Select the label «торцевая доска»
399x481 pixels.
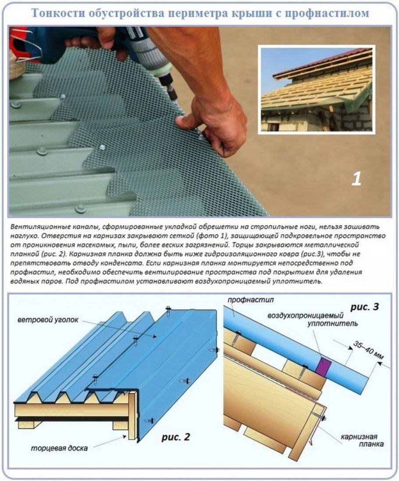[59, 448]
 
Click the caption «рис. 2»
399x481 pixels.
[175, 437]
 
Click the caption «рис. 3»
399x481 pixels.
[364, 307]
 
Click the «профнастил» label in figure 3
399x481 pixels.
[250, 300]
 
